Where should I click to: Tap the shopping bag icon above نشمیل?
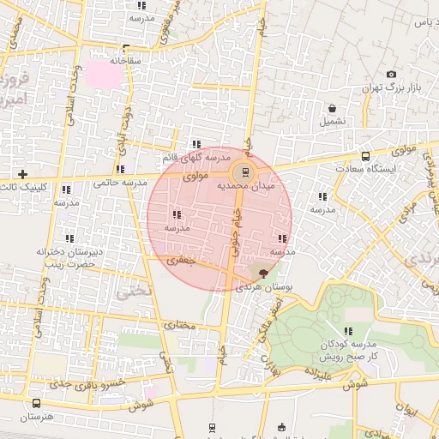332,109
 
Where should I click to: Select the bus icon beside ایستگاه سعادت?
366,156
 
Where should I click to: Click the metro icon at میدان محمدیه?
245,171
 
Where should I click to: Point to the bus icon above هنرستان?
36,403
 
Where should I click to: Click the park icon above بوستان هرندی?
263,273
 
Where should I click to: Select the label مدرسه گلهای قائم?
196,158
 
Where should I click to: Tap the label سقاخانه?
126,61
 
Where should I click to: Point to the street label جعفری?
182,260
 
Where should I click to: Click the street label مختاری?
180,327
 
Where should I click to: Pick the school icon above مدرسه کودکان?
347,331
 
